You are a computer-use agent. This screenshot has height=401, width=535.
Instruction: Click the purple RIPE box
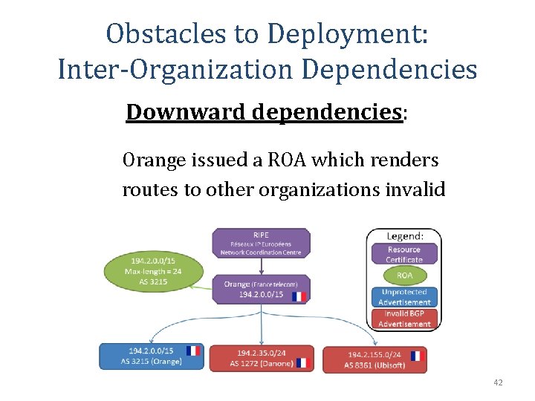coord(260,243)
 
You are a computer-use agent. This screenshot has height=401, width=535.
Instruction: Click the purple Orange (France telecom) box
coord(260,289)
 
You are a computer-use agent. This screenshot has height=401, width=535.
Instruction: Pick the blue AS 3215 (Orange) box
coord(152,356)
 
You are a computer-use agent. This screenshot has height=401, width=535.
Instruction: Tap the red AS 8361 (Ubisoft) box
coord(374,359)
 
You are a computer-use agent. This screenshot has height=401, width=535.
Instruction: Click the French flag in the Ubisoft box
coord(415,356)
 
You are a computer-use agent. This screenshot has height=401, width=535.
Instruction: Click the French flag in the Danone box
coord(301,362)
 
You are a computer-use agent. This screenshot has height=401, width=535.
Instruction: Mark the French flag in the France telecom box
coord(299,296)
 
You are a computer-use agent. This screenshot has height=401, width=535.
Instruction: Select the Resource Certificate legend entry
coord(403,254)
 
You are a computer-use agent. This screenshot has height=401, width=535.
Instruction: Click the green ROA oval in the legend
coord(403,275)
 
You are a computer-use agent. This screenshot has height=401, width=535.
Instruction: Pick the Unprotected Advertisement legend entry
coord(403,297)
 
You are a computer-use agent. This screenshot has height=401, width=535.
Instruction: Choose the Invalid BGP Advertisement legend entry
coord(403,319)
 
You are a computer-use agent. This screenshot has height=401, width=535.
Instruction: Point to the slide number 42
coord(498,382)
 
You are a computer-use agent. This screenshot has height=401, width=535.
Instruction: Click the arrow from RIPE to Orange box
coord(260,267)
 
